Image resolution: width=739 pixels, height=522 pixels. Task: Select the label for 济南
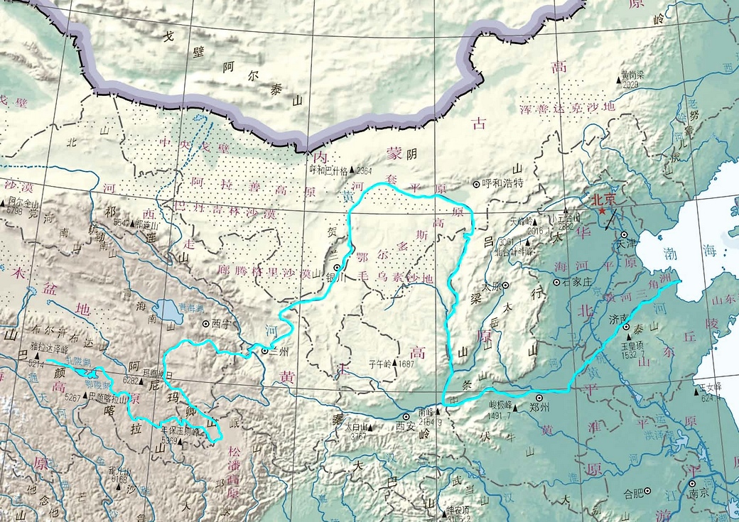613,320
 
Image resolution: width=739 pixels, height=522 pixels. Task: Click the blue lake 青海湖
168,310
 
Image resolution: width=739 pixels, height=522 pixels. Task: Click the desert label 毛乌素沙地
394,278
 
